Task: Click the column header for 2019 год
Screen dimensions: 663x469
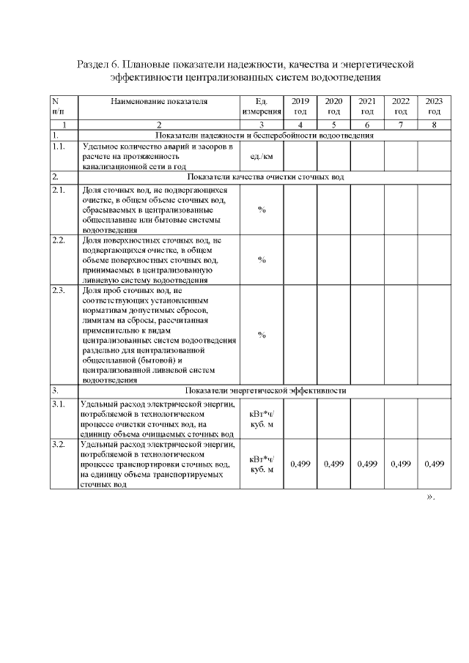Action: click(300, 106)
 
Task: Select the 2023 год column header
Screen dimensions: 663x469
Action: click(434, 106)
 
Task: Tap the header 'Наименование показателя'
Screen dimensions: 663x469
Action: click(159, 101)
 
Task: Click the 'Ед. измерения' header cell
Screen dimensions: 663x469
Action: click(262, 106)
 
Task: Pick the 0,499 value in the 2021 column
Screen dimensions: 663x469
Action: click(367, 464)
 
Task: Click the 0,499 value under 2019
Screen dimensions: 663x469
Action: click(300, 464)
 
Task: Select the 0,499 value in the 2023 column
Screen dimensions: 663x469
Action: click(434, 464)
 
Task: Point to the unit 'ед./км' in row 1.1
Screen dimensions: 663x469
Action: click(262, 157)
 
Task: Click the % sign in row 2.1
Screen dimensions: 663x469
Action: click(262, 210)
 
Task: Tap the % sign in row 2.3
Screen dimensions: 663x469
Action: click(262, 335)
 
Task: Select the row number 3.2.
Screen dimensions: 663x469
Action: click(59, 445)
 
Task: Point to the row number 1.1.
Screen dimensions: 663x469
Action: click(59, 147)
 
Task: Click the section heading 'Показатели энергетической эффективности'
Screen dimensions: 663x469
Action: click(265, 390)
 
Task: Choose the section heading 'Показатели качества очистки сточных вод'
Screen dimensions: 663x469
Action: click(265, 177)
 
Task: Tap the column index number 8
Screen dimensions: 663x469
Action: click(434, 125)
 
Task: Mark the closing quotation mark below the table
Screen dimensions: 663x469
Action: click(430, 497)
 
